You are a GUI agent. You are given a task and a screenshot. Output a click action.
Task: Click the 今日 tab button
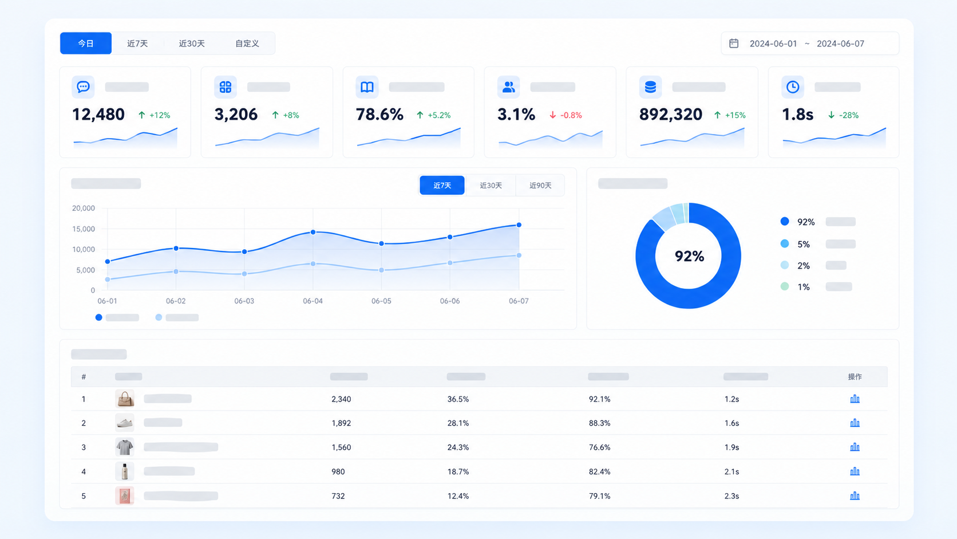(86, 43)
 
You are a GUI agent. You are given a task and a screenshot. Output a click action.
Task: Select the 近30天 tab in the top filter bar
(191, 44)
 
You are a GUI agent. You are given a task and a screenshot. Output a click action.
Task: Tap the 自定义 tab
(247, 44)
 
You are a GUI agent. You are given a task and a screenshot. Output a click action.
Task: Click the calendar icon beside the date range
(734, 43)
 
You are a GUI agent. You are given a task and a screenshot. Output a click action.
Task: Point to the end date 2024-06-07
(840, 44)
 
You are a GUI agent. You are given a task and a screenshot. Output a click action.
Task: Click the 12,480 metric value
(98, 115)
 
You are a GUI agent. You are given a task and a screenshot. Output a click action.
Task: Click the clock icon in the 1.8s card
(793, 87)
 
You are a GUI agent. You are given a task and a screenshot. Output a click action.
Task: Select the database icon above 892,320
(650, 87)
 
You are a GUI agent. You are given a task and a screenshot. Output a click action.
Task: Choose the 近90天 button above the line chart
(540, 186)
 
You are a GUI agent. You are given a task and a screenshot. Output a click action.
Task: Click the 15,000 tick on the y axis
(84, 229)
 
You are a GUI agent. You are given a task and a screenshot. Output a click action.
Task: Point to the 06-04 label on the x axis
(313, 301)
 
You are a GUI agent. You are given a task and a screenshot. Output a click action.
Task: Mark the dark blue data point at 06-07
(519, 225)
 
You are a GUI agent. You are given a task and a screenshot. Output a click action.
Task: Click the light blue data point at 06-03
(244, 274)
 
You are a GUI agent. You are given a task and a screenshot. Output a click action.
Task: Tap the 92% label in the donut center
(689, 256)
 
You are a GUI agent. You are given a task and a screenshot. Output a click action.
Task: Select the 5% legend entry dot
(784, 243)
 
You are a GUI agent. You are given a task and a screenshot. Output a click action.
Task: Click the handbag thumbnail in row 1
(125, 399)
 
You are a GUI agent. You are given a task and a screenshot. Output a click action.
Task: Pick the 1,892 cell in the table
(341, 423)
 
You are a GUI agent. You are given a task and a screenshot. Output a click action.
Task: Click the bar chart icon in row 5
(855, 496)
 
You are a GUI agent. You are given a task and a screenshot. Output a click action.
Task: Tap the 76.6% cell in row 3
(599, 447)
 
